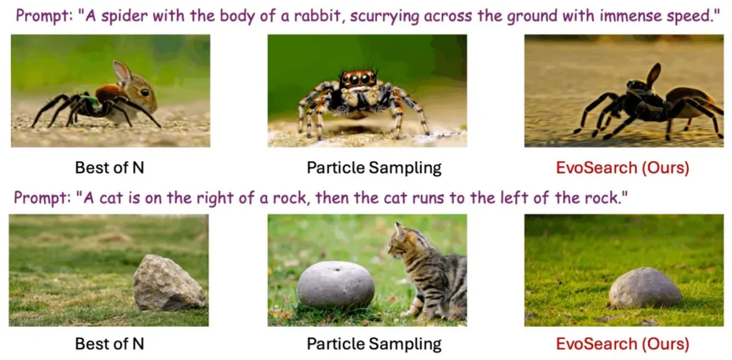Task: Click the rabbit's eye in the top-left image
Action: (x=145, y=92)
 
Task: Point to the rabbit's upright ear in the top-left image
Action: (x=122, y=72)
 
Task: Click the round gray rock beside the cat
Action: (x=336, y=284)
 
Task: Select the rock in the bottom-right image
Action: (x=646, y=287)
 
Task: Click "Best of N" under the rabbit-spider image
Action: (x=109, y=168)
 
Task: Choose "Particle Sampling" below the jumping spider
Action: (x=374, y=168)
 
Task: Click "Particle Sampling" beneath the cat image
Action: (x=374, y=344)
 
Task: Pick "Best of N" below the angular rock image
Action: (x=109, y=344)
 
